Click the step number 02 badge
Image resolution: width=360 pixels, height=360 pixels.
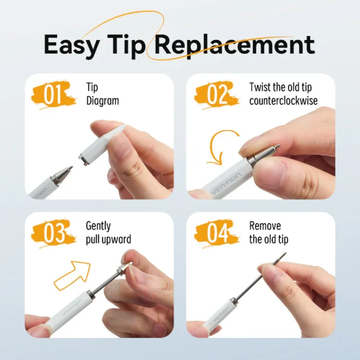(x=217, y=96)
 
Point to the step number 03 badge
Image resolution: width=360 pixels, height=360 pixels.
(x=55, y=235)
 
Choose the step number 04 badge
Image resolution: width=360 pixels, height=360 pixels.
(x=218, y=235)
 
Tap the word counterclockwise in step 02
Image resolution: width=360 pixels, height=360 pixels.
(x=283, y=101)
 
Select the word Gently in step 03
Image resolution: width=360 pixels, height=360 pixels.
(x=98, y=226)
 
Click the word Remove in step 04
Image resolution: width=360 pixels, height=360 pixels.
(x=265, y=226)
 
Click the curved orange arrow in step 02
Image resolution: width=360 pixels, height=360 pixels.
(x=219, y=147)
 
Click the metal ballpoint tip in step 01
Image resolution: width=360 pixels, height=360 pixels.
(x=62, y=174)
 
